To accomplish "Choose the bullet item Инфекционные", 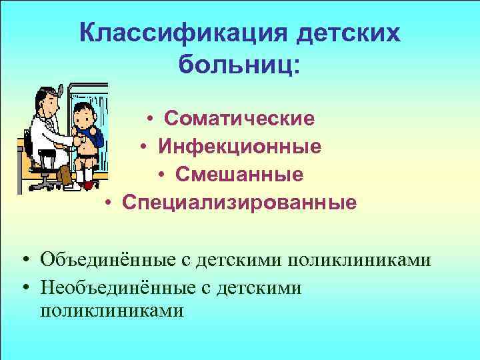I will point(239,146).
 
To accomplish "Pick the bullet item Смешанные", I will point(239,173).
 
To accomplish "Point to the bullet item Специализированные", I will point(239,201).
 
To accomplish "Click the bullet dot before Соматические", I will point(152,119).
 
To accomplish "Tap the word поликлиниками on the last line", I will point(111,310).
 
